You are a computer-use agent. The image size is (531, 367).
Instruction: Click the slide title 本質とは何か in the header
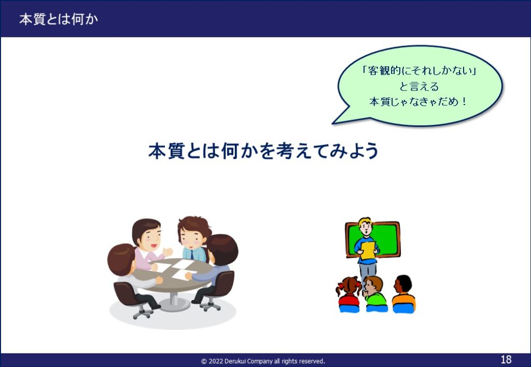[x=59, y=19]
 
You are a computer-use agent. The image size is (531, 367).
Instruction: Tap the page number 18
[x=506, y=359]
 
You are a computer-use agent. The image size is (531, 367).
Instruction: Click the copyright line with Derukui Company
[x=263, y=361]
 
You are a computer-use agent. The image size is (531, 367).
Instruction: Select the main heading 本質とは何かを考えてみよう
[x=263, y=151]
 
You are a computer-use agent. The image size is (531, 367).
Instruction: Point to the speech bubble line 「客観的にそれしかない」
[x=419, y=71]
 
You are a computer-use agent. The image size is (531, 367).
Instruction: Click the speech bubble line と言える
[x=419, y=86]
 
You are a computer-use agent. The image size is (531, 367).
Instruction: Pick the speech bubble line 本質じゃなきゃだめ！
[x=418, y=102]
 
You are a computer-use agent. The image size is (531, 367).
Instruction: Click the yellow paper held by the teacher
[x=367, y=251]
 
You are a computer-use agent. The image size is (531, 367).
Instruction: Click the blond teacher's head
[x=366, y=227]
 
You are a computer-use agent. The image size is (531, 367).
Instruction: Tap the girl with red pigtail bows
[x=349, y=293]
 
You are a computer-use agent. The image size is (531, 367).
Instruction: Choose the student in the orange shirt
[x=403, y=293]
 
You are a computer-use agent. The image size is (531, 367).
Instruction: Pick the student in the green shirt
[x=374, y=293]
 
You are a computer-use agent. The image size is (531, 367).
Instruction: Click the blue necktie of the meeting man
[x=192, y=254]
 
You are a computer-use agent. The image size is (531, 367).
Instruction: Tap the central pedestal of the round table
[x=174, y=301]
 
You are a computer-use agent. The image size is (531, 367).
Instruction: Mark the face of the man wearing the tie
[x=192, y=237]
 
